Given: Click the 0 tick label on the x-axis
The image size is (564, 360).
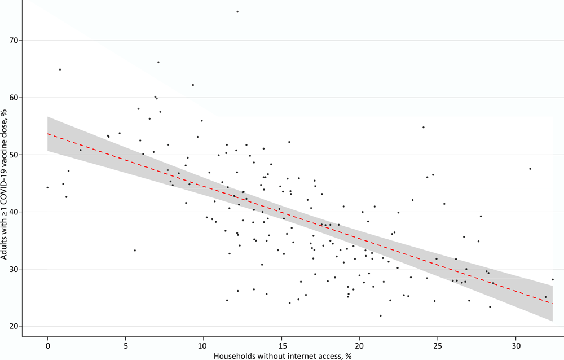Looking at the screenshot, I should point(47,344).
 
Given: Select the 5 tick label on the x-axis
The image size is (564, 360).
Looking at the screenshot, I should point(125,344).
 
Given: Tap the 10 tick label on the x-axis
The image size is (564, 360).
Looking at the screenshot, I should point(204,344).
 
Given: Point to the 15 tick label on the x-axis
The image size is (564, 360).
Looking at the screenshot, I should point(281,344).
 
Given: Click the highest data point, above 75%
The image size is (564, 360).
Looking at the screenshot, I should point(237,11).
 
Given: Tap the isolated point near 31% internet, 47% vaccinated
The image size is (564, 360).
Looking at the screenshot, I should point(530,169).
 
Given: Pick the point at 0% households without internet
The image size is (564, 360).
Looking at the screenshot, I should point(47,187).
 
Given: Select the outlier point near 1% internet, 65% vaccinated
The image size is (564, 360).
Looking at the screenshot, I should point(60,69).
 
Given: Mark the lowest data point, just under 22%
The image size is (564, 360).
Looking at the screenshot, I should point(380,315).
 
